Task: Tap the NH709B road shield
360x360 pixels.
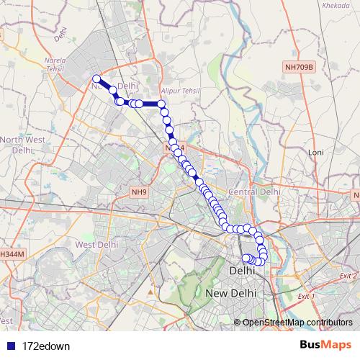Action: [x=299, y=67]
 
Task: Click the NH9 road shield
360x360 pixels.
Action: [x=138, y=192]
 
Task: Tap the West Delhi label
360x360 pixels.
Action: [x=96, y=244]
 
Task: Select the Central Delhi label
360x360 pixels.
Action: [x=253, y=192]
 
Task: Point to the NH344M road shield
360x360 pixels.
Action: [x=12, y=254]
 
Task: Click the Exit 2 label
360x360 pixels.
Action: [x=349, y=276]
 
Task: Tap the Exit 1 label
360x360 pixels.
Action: [x=306, y=296]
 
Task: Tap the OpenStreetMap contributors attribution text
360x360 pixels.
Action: [x=297, y=323]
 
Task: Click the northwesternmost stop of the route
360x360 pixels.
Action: [x=96, y=79]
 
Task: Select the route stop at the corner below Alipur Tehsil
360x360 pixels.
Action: [x=162, y=104]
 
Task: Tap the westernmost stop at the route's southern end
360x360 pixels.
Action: [x=245, y=258]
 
